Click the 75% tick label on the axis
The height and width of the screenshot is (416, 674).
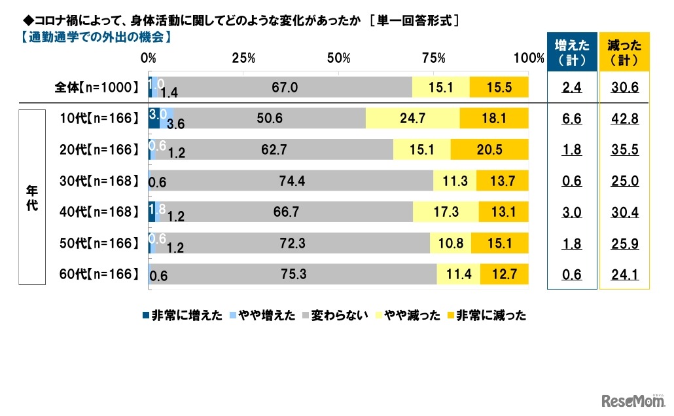[433, 58]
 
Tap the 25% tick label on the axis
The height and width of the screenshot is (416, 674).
[243, 58]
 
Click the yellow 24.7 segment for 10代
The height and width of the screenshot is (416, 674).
[412, 118]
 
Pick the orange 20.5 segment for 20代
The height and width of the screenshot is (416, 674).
[489, 149]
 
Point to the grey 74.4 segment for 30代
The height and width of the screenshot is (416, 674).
[292, 181]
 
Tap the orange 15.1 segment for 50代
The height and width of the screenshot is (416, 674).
[503, 243]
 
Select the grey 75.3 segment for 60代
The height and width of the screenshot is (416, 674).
[294, 274]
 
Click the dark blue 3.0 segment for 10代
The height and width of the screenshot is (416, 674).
[154, 118]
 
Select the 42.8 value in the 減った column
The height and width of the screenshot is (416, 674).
[624, 119]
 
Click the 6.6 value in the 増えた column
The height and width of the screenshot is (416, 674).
[571, 119]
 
